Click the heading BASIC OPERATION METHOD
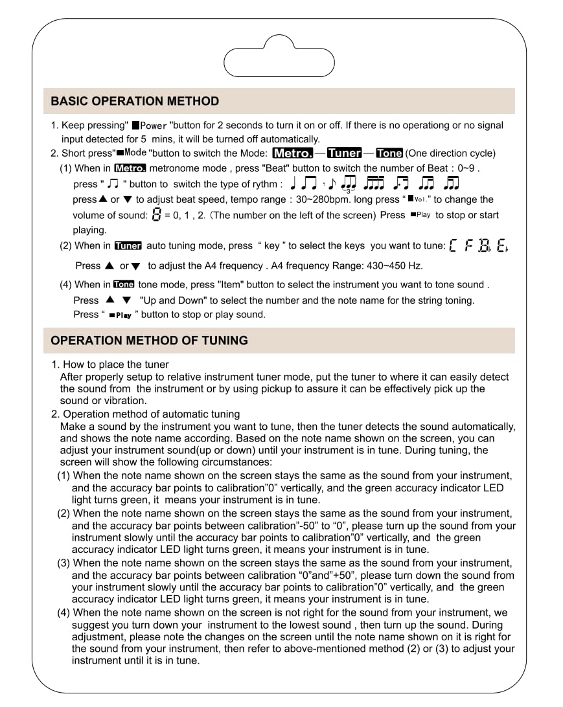point(135,102)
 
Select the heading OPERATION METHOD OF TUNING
point(149,341)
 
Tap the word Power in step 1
point(154,126)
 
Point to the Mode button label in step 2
point(135,153)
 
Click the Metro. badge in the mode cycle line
point(293,153)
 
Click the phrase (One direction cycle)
point(450,153)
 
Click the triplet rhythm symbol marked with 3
point(348,185)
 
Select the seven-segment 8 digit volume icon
point(155,215)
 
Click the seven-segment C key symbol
point(452,246)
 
